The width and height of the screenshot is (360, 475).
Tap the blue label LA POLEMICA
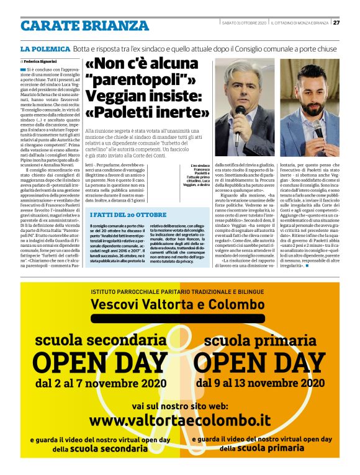(45, 48)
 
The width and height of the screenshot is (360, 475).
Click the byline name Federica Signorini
(42, 62)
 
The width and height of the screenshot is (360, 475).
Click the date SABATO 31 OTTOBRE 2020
(244, 23)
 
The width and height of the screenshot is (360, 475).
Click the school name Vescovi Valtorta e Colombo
(180, 303)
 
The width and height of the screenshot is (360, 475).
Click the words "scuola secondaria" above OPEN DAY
(100, 341)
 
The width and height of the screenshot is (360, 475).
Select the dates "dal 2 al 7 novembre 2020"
(101, 383)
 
